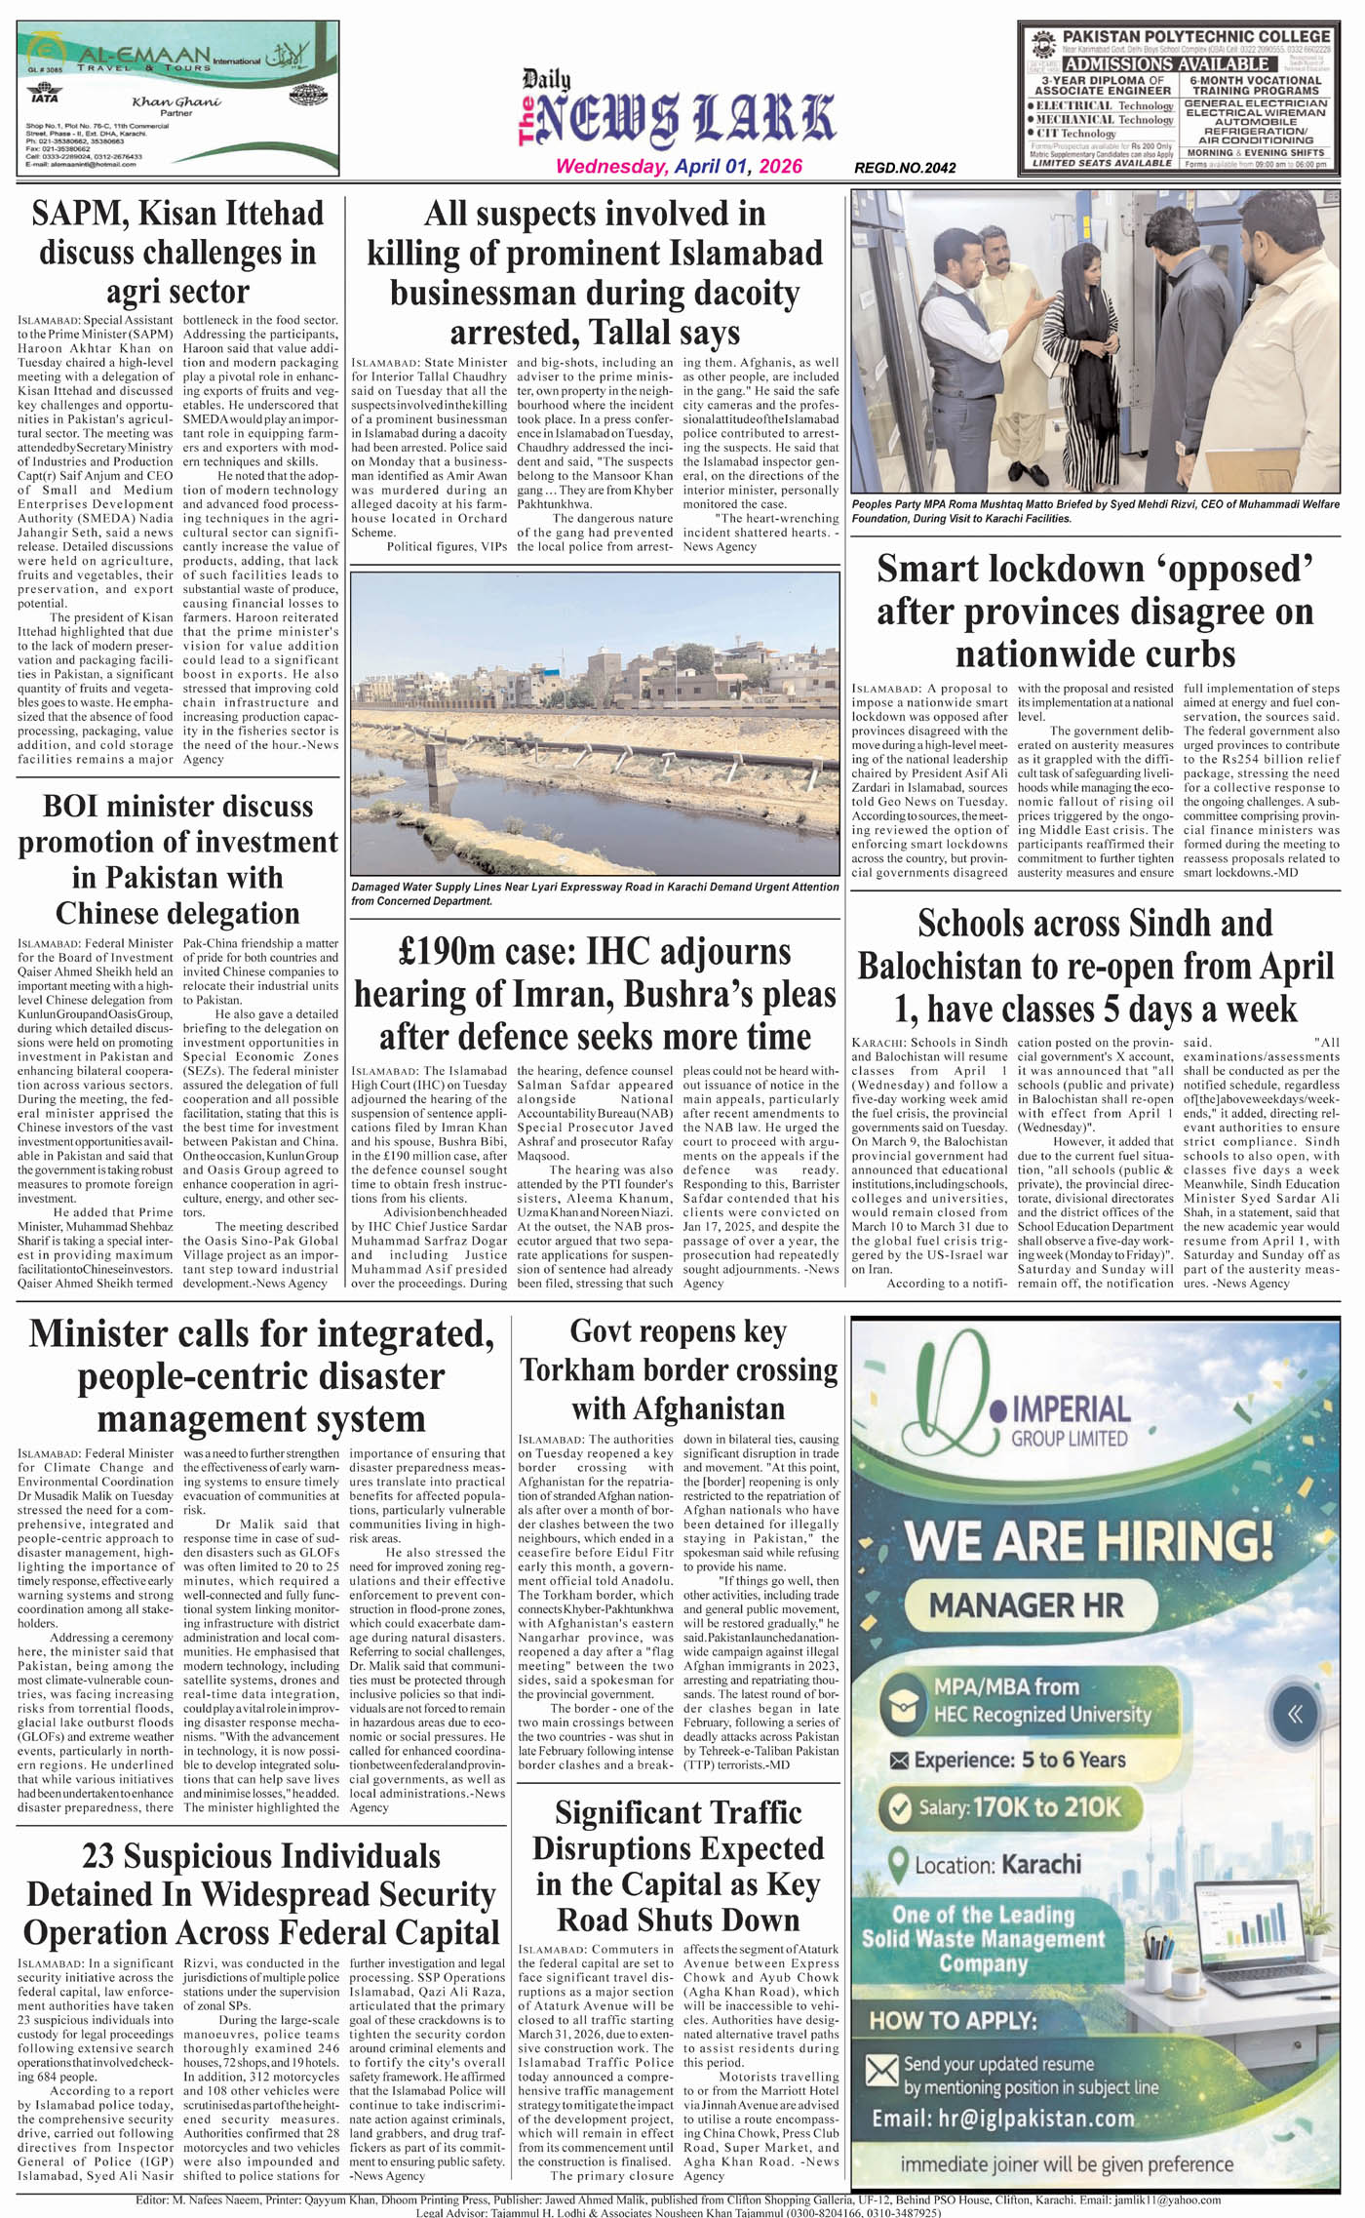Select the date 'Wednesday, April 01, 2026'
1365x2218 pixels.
679,167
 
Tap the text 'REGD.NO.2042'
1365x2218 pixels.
905,168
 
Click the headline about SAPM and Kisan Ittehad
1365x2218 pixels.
177,253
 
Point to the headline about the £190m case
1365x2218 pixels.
595,994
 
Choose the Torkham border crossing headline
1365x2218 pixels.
679,1369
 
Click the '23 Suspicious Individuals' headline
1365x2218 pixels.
261,1894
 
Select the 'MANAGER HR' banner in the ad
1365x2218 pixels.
1027,1604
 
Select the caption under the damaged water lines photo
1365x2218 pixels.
595,893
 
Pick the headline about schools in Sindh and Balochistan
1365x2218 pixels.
1095,966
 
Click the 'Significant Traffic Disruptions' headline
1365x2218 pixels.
679,1866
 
